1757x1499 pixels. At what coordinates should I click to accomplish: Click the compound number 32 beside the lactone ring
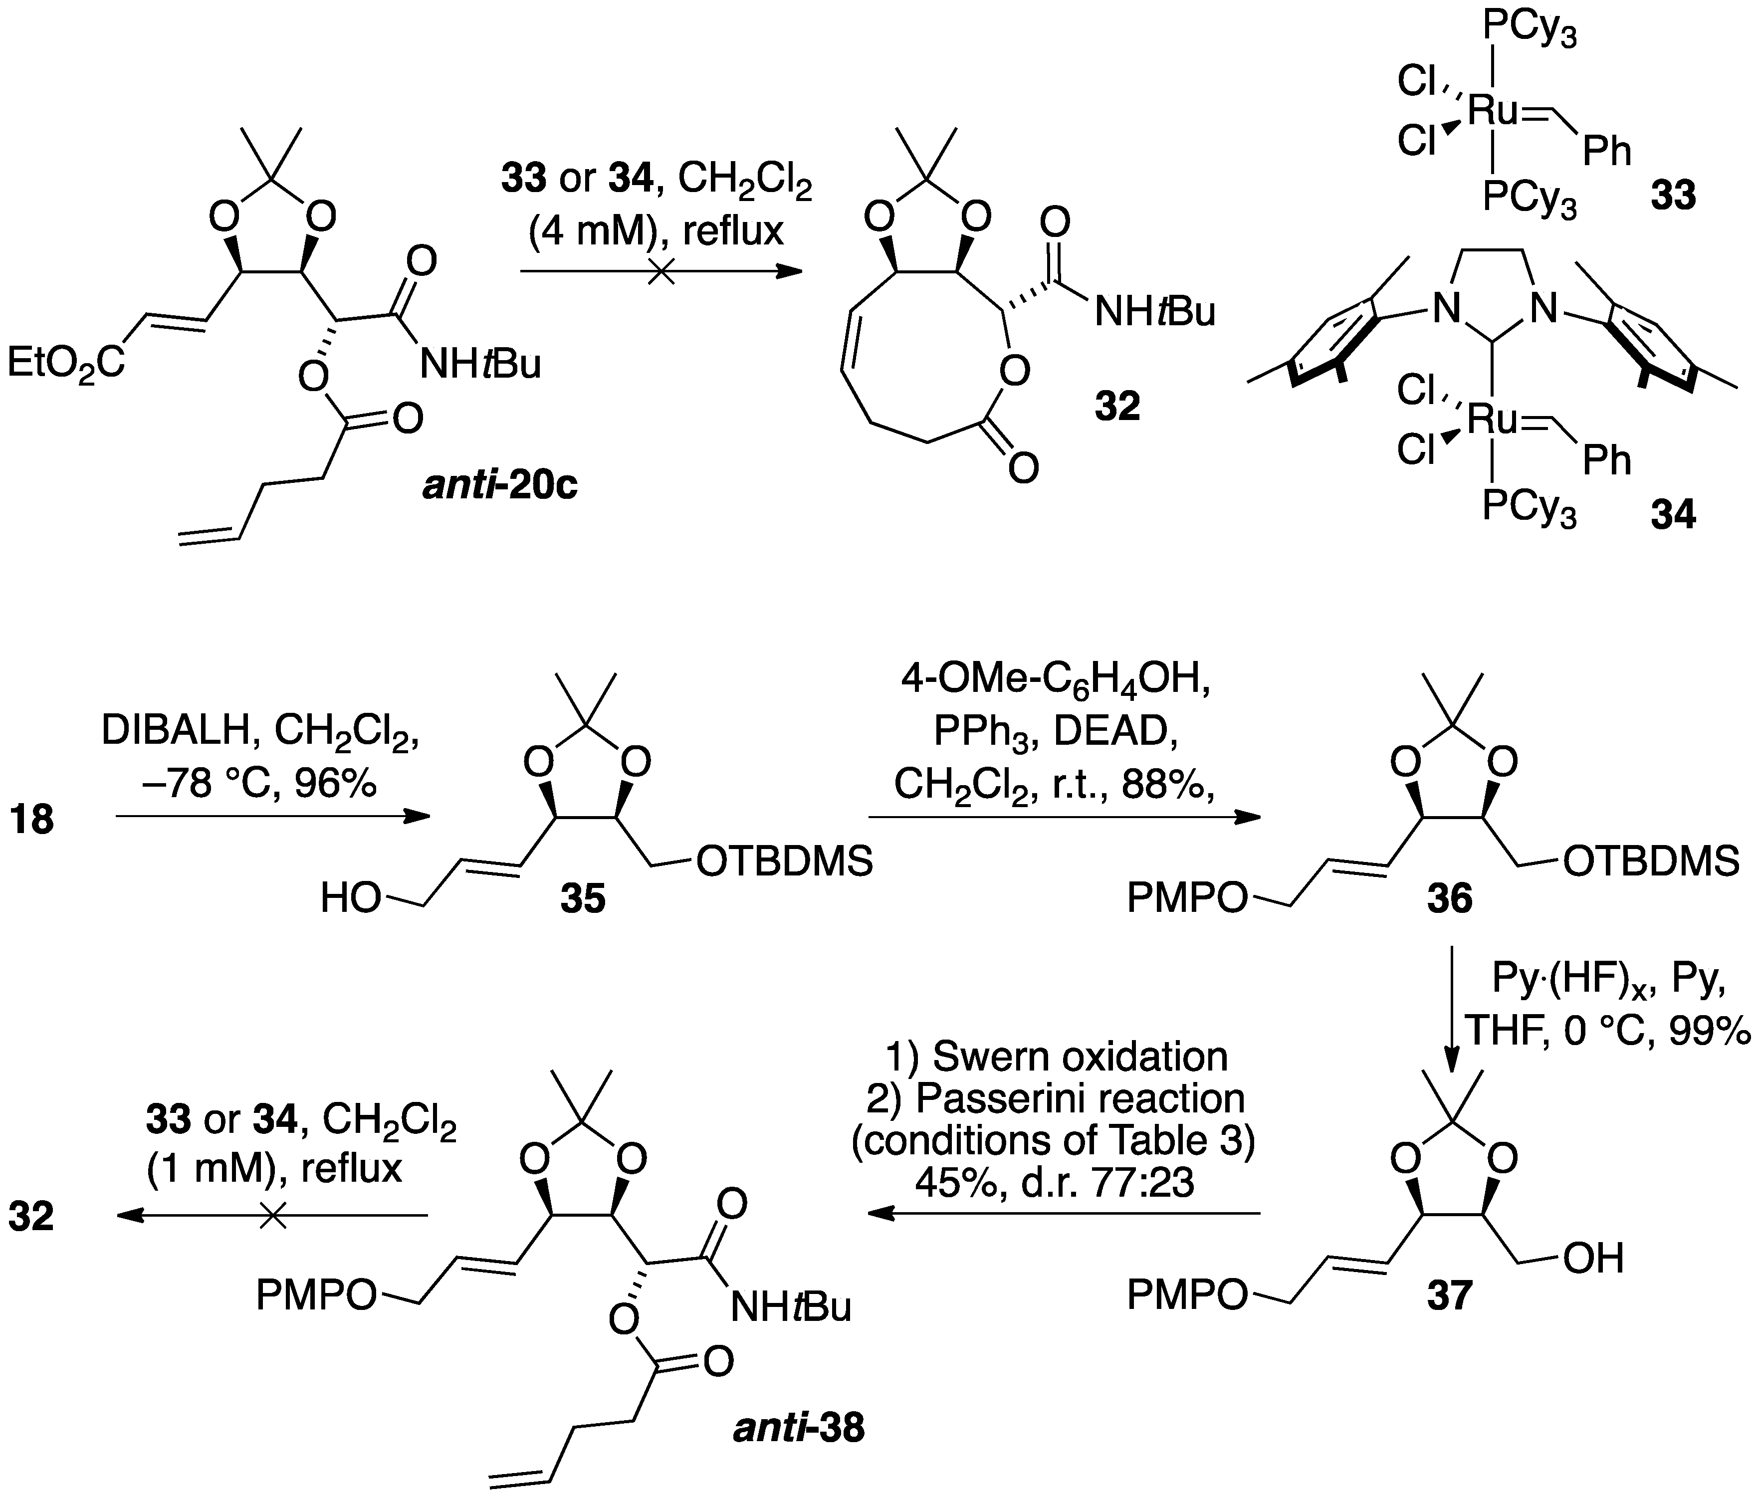point(1117,407)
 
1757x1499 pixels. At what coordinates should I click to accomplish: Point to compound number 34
point(1673,515)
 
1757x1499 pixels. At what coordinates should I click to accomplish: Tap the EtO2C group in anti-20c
point(66,365)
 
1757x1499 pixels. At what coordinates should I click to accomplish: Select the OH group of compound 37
point(1594,1259)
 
